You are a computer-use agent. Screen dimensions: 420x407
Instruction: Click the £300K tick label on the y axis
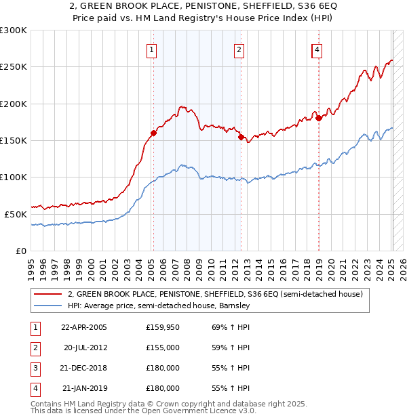click(14, 30)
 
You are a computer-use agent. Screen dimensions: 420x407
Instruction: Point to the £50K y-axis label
click(16, 214)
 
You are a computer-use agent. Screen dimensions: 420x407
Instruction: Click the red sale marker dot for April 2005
click(154, 133)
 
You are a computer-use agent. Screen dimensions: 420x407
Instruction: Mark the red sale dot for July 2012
click(241, 137)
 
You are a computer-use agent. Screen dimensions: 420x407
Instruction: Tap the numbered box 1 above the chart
click(151, 49)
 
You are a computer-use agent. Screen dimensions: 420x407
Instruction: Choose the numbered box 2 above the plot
click(239, 49)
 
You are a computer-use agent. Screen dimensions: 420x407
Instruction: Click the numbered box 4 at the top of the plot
click(317, 49)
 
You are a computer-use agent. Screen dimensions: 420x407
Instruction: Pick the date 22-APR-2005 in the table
click(84, 327)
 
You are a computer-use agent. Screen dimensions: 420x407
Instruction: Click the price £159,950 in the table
click(163, 327)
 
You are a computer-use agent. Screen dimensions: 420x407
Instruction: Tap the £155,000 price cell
click(163, 348)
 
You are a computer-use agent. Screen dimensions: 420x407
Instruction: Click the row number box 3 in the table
click(35, 368)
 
